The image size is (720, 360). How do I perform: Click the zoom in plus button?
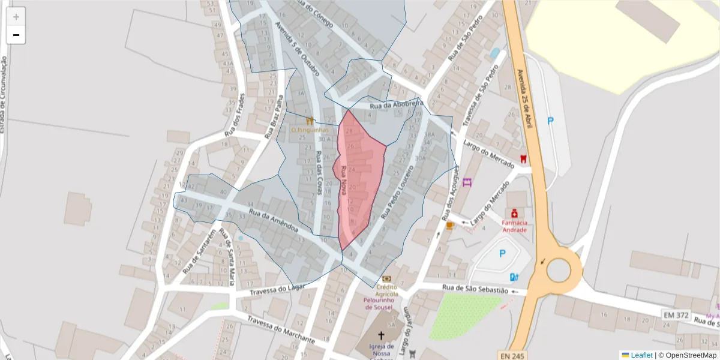pos(16,17)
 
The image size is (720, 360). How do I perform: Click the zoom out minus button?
pos(16,35)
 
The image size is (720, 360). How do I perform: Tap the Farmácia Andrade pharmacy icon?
pos(514,213)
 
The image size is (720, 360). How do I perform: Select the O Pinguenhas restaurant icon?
pos(310,121)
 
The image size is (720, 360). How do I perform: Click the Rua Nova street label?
pos(344,179)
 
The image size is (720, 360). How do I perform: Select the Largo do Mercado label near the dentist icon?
pos(489,154)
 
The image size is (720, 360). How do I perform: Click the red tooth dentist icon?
pos(523,159)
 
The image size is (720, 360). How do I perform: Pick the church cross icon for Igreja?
pos(381,335)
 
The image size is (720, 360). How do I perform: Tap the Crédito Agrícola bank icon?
pos(386,278)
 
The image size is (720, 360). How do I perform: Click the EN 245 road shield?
pos(512,356)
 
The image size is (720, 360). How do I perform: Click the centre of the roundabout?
pos(559,271)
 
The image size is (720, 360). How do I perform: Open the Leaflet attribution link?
pos(641,355)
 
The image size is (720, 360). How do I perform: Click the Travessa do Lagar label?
pos(278,290)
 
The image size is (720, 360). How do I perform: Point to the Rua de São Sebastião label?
pos(475,289)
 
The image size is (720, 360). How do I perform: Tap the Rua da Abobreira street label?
pos(397,105)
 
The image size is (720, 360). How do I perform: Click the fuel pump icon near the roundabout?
pos(514,277)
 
